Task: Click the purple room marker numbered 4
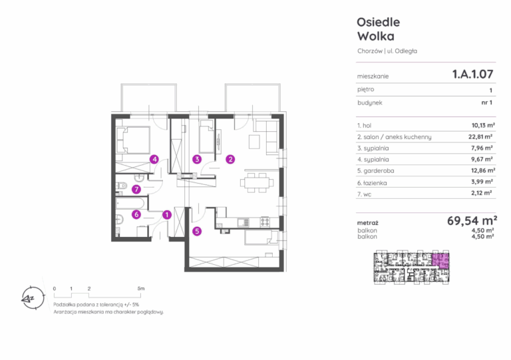(154, 159)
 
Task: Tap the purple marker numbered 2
(230, 159)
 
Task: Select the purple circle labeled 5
(196, 232)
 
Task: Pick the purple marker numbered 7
(136, 189)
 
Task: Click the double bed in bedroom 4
(133, 140)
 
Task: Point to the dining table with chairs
(257, 183)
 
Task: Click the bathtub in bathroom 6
(130, 204)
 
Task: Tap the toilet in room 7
(121, 186)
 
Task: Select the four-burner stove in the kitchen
(265, 222)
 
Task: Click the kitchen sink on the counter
(243, 222)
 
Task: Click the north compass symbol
(33, 298)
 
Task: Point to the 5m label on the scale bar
(141, 288)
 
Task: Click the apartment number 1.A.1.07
(472, 75)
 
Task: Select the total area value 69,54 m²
(472, 220)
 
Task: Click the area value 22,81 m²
(480, 136)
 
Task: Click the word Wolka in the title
(376, 36)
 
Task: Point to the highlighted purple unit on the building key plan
(440, 260)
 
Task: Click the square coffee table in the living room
(255, 142)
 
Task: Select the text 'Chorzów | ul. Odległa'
(387, 51)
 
